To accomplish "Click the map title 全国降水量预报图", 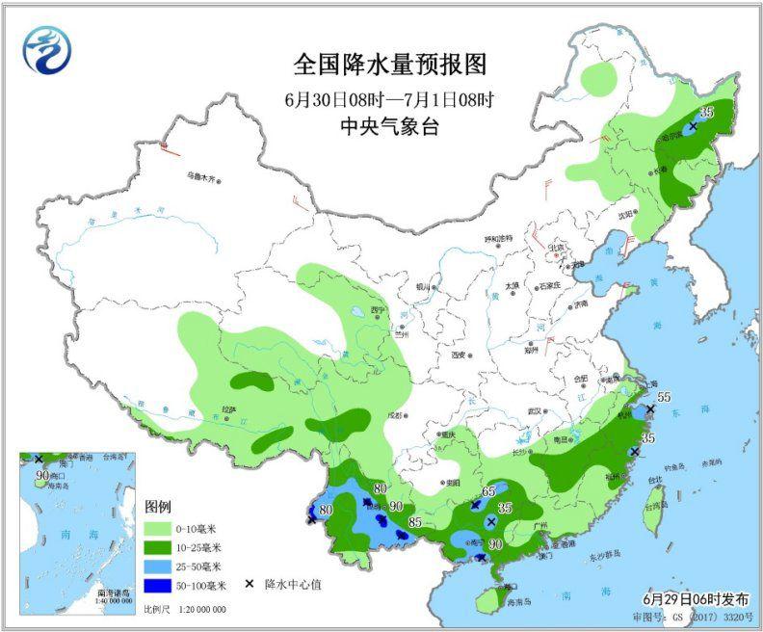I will click(389, 66).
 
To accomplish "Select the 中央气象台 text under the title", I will click(389, 126).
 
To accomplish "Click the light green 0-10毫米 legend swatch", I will click(157, 529).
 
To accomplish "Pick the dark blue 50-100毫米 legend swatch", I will click(157, 584).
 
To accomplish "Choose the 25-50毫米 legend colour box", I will click(157, 566).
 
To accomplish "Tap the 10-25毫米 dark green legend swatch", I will click(157, 547).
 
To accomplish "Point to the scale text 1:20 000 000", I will click(197, 610).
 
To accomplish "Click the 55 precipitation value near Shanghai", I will click(663, 397).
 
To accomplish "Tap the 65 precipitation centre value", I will click(488, 491).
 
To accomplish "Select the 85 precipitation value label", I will click(416, 524).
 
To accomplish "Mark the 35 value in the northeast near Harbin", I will click(706, 113).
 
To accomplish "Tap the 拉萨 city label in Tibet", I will click(228, 409).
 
